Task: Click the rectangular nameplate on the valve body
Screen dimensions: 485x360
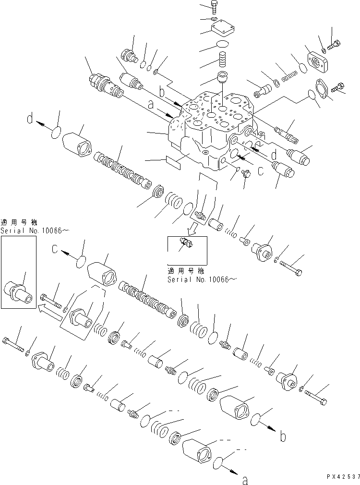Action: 172,162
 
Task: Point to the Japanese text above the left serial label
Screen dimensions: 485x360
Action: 18,222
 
